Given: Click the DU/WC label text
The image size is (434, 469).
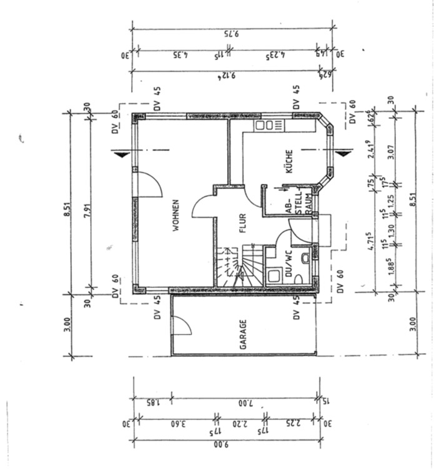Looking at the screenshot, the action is tap(289, 264).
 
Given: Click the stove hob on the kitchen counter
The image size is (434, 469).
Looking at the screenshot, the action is tap(269, 125).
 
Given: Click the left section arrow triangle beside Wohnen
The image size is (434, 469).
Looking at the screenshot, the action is tap(121, 152).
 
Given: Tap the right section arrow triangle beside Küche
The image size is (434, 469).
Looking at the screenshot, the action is tap(341, 152).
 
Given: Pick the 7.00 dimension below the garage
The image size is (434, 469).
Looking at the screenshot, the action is tap(245, 402).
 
